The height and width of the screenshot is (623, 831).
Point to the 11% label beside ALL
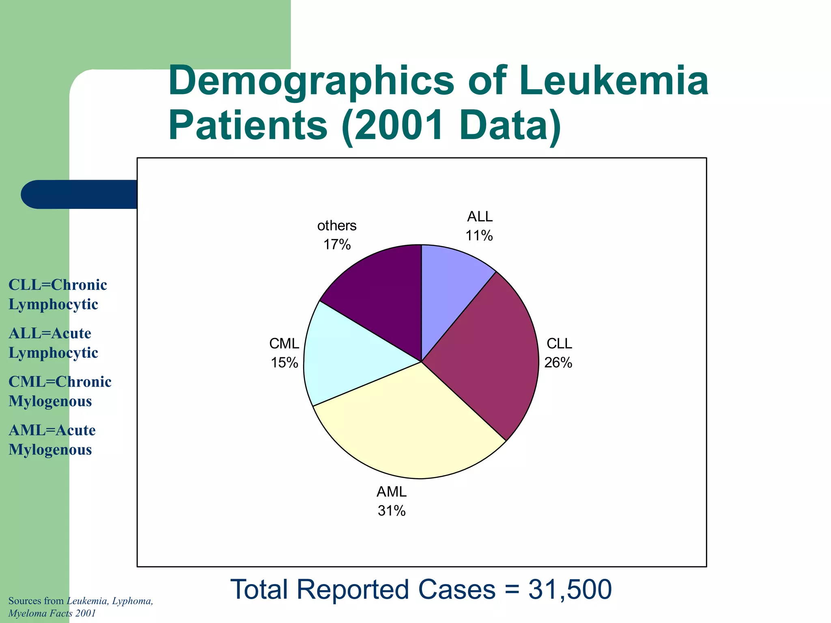coord(479,236)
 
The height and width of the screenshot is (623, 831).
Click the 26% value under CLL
coord(558,363)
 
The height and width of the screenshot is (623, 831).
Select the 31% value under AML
coord(392,511)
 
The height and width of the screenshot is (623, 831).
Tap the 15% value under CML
coord(284,363)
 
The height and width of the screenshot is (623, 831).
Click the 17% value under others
coord(337,245)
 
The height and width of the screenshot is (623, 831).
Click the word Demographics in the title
coord(311,81)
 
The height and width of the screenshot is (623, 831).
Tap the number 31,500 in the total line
coord(570,589)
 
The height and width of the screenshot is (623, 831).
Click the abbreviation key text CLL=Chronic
coord(58,285)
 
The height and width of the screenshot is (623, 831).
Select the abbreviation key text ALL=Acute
coord(50,333)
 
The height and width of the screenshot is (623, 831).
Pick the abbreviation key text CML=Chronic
coord(60,382)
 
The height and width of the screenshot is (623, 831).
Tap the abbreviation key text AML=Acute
coord(52,430)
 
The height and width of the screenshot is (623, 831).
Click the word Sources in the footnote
coord(24,601)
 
